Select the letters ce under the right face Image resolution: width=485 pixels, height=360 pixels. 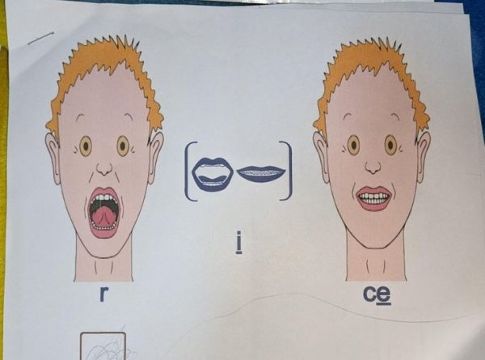coord(377,295)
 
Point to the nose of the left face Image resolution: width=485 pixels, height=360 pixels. coord(104,169)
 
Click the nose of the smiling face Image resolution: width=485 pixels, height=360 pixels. coord(373,167)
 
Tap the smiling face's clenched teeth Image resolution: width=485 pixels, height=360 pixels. coord(373,198)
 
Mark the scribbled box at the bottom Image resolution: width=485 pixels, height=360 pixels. coord(103,346)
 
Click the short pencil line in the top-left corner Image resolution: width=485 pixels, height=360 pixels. coord(41,38)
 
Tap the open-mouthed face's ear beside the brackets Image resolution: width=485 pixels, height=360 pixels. coord(155,157)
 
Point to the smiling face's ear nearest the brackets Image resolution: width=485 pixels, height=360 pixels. coord(321,157)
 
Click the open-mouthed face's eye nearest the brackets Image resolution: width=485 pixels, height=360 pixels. coord(123,146)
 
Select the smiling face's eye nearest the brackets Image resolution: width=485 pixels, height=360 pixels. coord(353,145)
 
